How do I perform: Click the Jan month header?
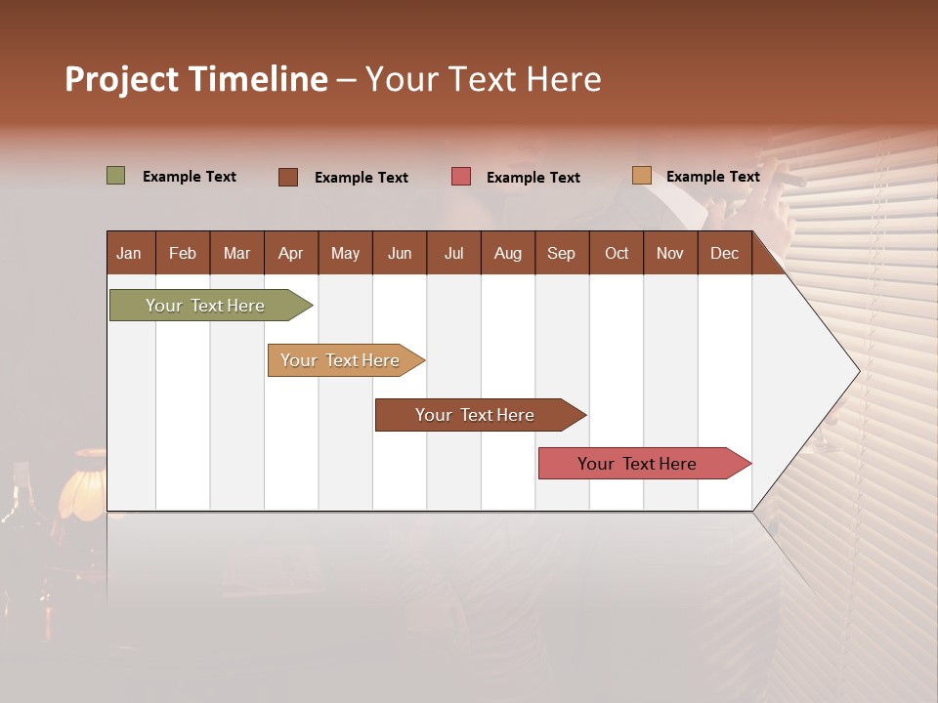point(130,253)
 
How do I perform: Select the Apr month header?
point(291,253)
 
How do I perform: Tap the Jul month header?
point(453,253)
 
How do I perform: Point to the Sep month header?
point(561,253)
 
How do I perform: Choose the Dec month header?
point(724,253)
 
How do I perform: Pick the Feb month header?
point(183,253)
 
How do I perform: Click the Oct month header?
point(617,253)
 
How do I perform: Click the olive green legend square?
point(116,176)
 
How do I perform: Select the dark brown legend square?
point(288,177)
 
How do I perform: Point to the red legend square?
point(461,177)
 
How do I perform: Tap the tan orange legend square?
point(642,176)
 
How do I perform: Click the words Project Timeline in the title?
point(196,79)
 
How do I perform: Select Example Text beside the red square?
point(533,178)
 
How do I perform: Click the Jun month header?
point(400,253)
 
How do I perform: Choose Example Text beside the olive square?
point(189,177)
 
